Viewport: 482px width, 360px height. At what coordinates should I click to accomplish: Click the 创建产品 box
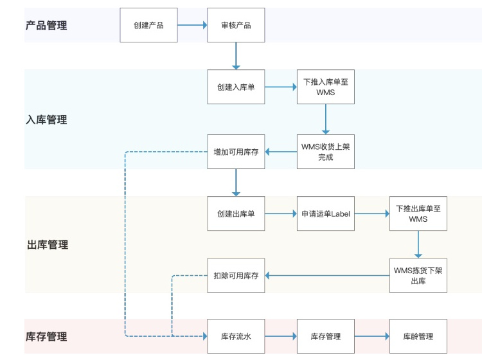coord(148,25)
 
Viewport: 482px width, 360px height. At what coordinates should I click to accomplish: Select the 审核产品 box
coord(236,25)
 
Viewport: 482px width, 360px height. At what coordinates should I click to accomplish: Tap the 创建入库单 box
coord(236,87)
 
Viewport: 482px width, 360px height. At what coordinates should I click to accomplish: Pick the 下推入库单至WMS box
coord(325,87)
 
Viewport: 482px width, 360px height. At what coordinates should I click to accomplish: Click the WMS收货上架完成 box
coord(325,152)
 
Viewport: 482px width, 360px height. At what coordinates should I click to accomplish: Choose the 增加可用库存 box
coord(236,152)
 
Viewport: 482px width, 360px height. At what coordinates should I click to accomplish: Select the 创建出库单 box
coord(236,213)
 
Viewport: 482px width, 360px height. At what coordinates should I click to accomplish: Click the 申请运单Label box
coord(325,213)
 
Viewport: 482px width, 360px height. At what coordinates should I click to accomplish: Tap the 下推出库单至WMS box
coord(418,213)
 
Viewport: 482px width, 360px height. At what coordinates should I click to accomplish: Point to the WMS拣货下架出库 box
coord(418,275)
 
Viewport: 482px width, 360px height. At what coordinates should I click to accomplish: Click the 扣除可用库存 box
coord(236,275)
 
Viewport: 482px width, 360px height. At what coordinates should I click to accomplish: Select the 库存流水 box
coord(236,336)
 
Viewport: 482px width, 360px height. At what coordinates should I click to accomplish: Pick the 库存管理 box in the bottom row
coord(325,336)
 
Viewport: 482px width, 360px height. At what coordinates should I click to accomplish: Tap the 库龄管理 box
coord(418,336)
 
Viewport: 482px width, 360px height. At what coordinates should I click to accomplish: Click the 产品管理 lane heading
coord(46,26)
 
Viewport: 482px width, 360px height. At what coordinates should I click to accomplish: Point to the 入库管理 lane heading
coord(46,120)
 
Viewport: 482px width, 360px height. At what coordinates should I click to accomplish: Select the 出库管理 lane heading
coord(47,245)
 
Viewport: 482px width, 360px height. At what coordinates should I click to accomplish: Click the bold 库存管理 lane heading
coord(46,336)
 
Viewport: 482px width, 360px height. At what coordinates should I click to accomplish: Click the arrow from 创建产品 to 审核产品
coord(192,25)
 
